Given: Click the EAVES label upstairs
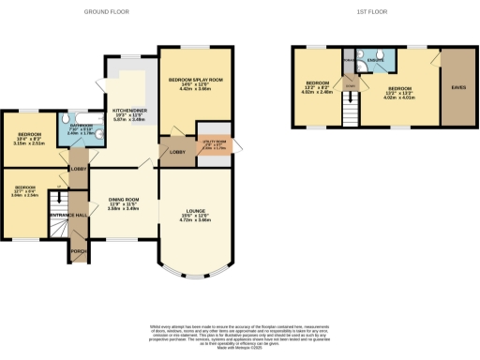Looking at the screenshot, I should point(458,87).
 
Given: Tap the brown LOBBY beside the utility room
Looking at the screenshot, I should point(175,152).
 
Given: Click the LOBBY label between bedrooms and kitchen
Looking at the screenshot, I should point(78,169).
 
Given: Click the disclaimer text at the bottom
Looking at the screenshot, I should point(240,335).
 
